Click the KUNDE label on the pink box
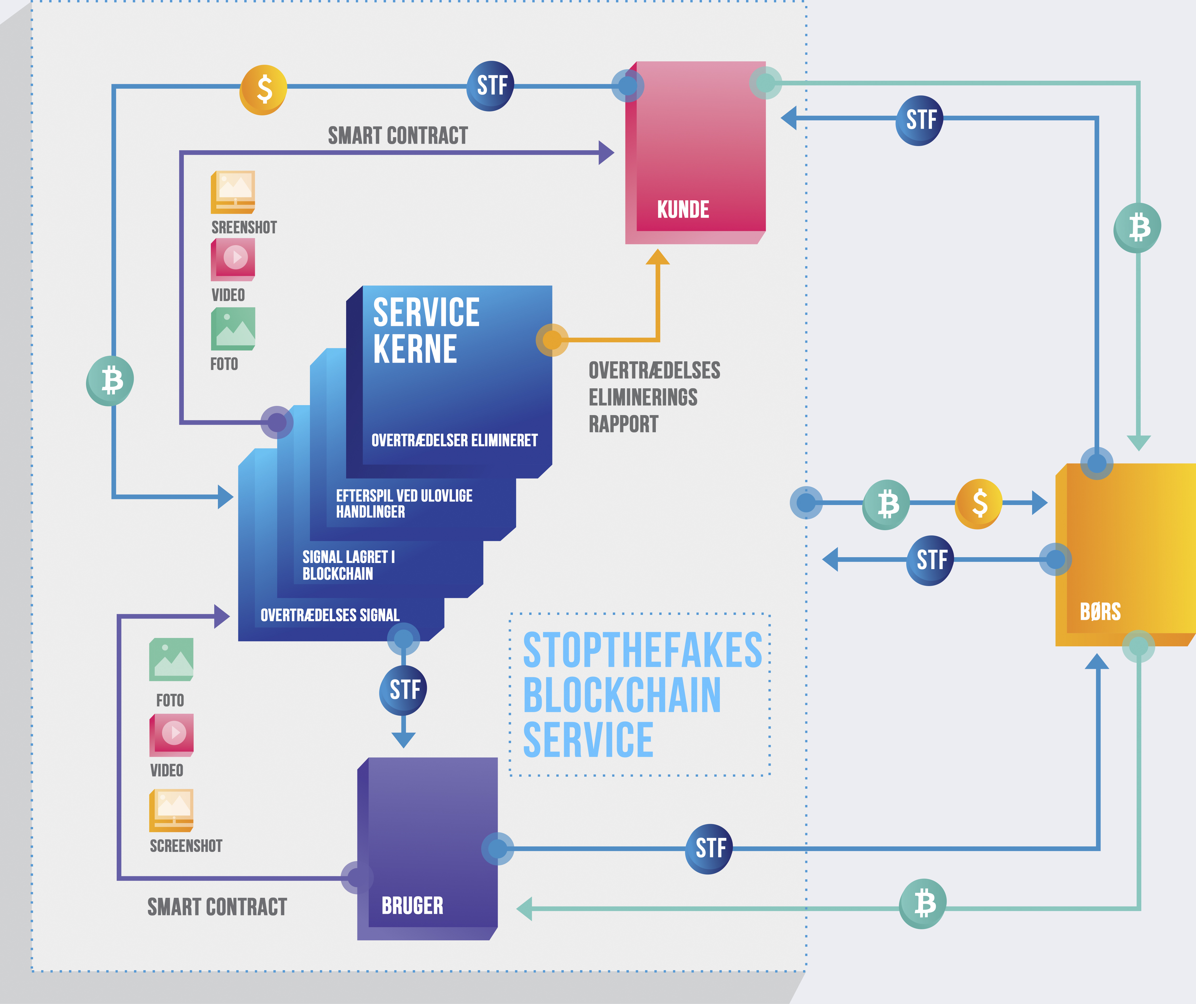coord(683,210)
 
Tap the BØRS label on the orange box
coord(1100,612)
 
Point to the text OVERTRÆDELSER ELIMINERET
coord(454,440)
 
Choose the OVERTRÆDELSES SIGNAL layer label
coord(330,615)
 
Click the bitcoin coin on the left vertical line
coord(110,380)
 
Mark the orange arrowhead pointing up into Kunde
coord(658,257)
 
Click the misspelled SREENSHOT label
coord(244,227)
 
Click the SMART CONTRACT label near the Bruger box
coord(217,907)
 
